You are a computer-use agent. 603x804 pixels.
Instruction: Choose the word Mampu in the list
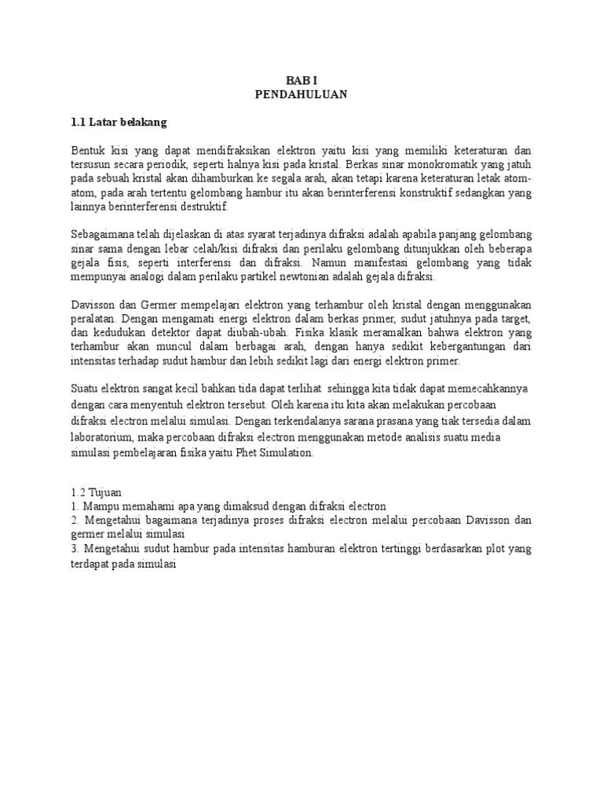(100, 506)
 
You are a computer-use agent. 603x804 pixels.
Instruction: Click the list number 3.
(74, 549)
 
